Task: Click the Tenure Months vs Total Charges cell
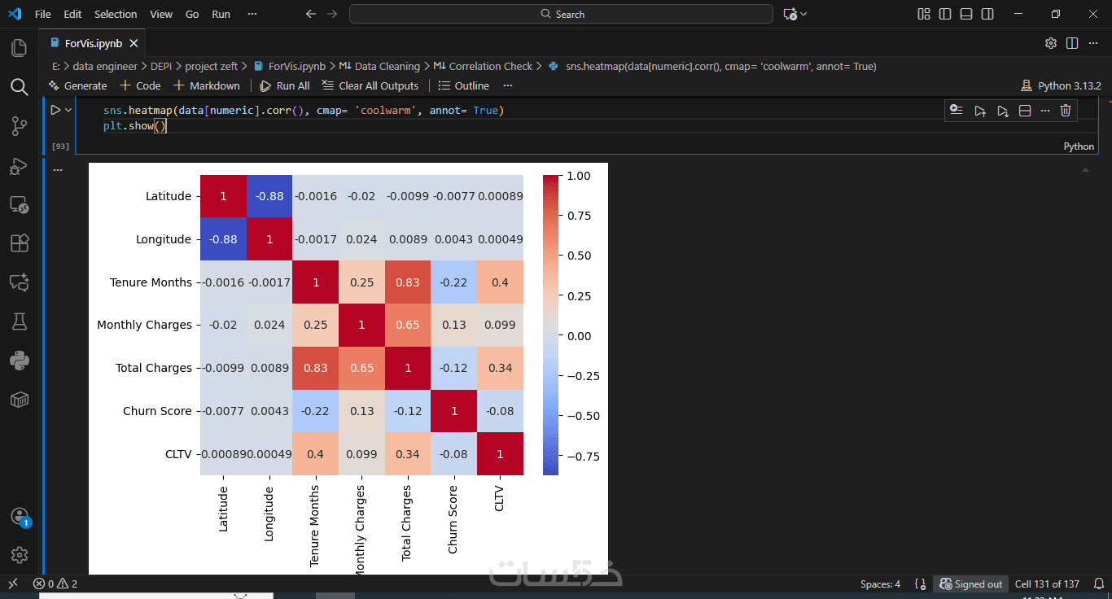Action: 407,282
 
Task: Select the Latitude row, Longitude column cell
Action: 269,196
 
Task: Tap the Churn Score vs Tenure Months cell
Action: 315,411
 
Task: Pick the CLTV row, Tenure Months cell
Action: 315,454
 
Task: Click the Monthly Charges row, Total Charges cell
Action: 407,325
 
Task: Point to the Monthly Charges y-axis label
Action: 144,325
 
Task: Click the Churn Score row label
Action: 157,411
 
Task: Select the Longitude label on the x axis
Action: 269,514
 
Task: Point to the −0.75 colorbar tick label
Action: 582,457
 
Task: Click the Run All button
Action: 285,85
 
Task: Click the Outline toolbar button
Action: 464,85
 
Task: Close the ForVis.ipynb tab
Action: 134,43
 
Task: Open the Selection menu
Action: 116,14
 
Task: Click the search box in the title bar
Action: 561,14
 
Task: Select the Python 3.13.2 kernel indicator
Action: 1061,85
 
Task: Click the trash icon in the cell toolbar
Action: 1065,111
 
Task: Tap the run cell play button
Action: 55,110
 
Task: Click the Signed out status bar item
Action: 971,584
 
